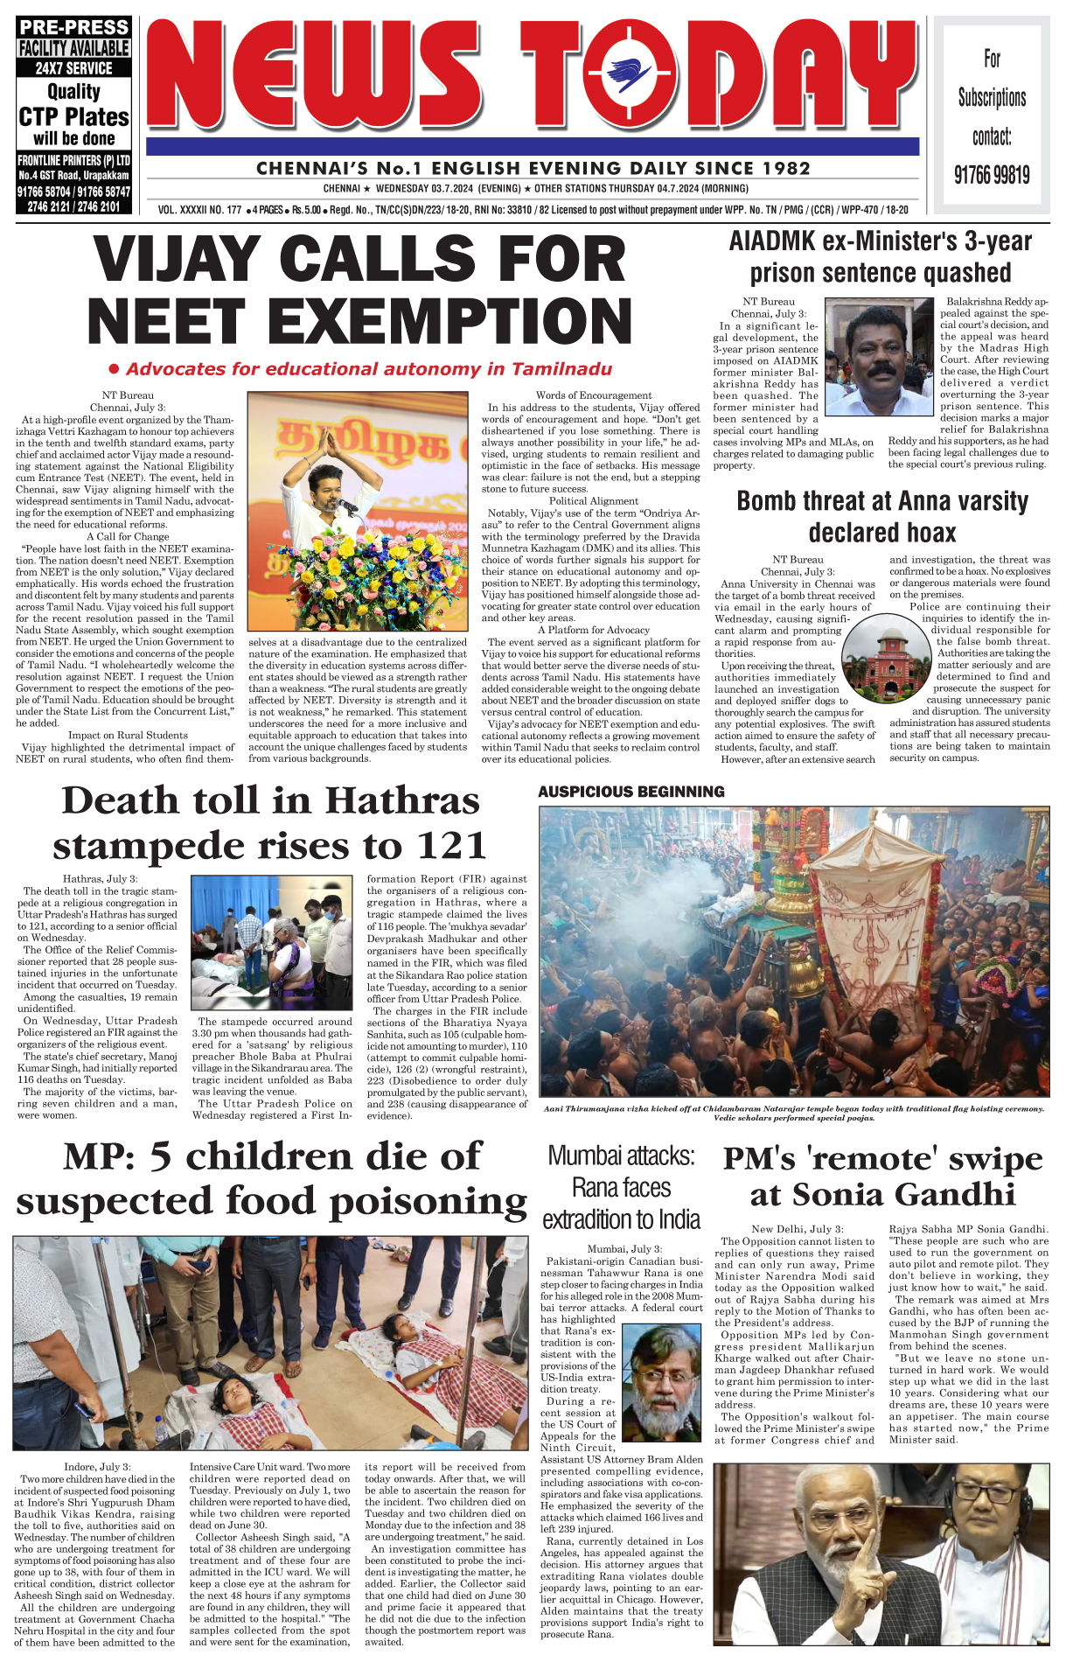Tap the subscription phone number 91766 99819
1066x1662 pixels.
pyautogui.click(x=992, y=175)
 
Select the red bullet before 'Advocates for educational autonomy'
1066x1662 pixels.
pyautogui.click(x=114, y=369)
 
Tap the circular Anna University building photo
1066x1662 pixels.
pyautogui.click(x=884, y=659)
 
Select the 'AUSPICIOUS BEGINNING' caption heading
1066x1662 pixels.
pyautogui.click(x=631, y=792)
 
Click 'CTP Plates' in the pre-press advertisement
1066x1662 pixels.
pyautogui.click(x=73, y=116)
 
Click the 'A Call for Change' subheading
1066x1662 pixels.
pyautogui.click(x=128, y=536)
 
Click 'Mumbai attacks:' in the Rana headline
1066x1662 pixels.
pyautogui.click(x=621, y=1156)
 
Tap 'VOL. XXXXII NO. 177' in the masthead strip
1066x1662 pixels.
pyautogui.click(x=200, y=210)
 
